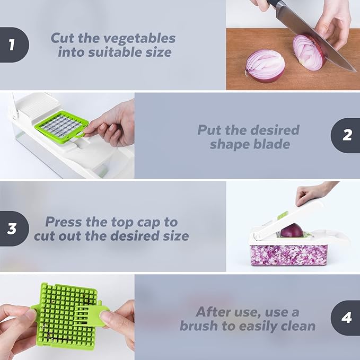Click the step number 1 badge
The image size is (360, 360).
point(12,45)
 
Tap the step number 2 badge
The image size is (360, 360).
point(347,135)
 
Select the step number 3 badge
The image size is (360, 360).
point(12,229)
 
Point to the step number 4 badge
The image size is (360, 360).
point(347,318)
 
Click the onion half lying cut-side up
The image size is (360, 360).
point(265,65)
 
